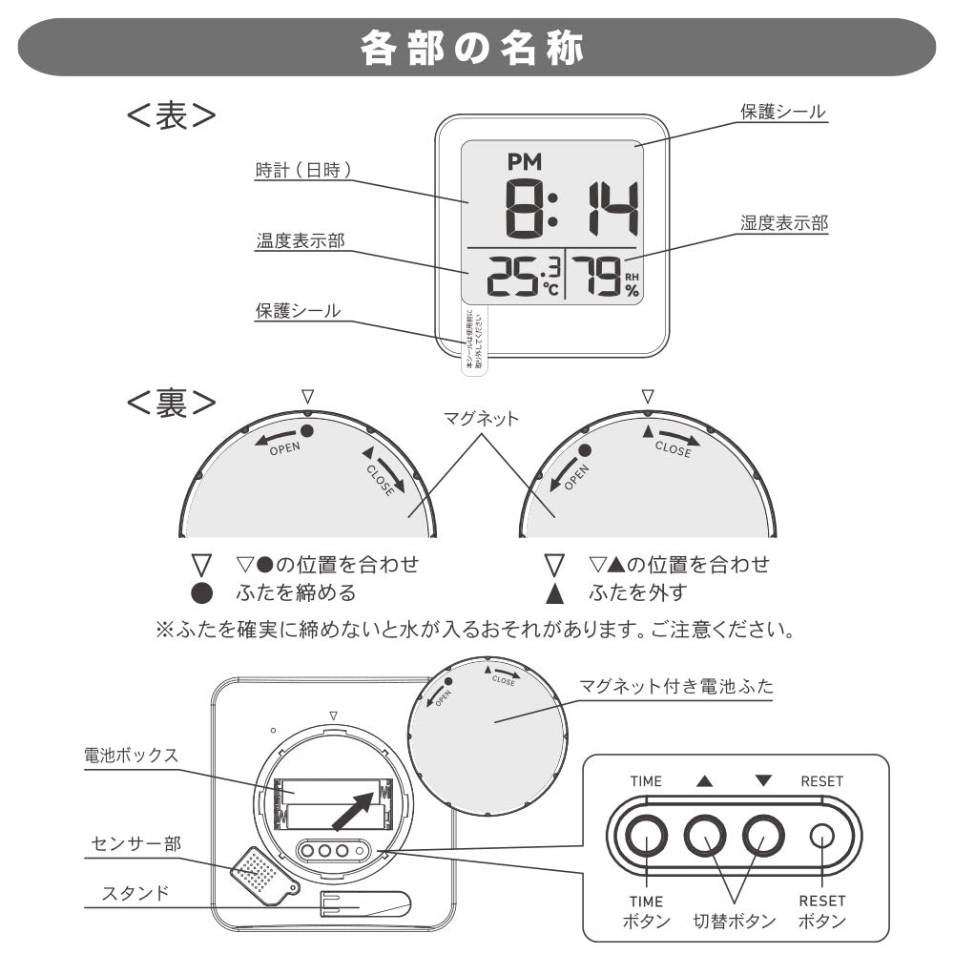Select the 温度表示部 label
[300, 241]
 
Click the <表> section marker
[172, 115]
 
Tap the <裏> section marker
[172, 403]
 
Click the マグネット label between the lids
[481, 419]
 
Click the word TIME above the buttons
[646, 781]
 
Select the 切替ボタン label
[734, 923]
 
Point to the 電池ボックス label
[131, 756]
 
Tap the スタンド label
[135, 894]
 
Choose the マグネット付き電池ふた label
[677, 687]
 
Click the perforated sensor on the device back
[258, 871]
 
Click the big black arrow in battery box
[354, 809]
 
